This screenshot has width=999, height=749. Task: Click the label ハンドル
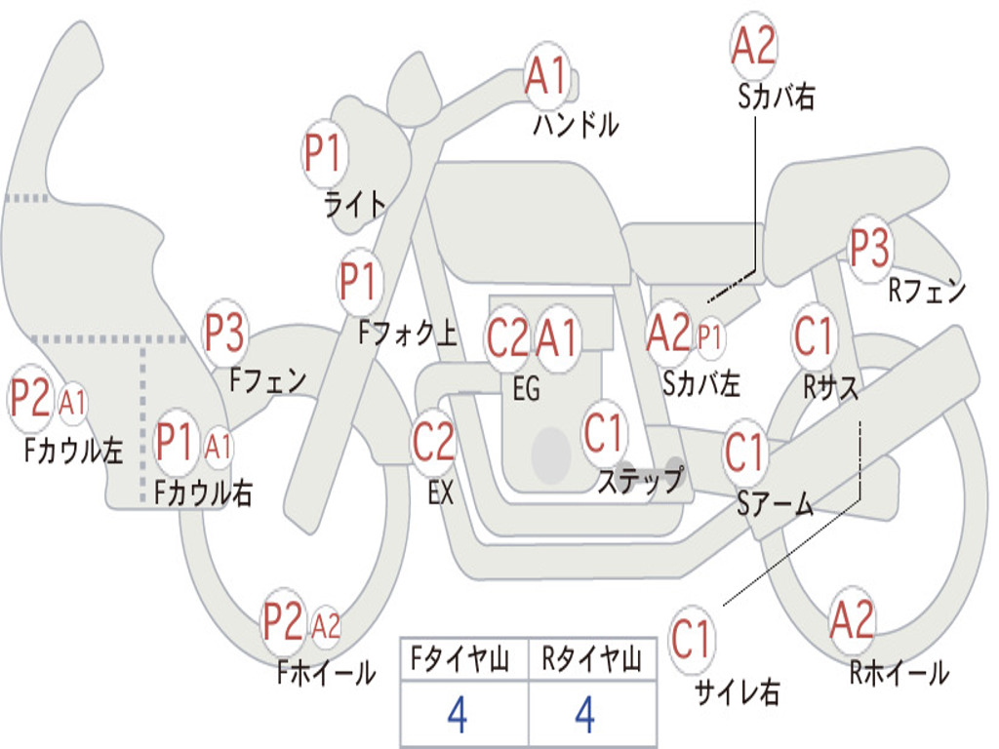576,124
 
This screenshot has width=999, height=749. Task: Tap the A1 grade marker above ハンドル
546,75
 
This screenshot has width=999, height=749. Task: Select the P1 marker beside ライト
324,153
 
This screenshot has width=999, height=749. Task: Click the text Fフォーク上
407,332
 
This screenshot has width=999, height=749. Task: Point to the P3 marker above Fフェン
225,334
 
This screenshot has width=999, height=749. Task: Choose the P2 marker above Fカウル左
30,398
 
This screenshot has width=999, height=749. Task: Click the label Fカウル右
204,493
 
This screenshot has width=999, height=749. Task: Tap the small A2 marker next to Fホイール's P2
326,626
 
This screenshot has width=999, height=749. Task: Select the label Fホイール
326,673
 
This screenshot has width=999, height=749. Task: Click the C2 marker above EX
434,442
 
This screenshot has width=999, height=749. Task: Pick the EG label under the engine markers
526,388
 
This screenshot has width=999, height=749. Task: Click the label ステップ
641,480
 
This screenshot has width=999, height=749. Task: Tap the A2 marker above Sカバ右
754,46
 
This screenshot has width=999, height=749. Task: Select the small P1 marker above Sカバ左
709,336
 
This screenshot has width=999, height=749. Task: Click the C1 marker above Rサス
813,335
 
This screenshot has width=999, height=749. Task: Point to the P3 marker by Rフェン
870,248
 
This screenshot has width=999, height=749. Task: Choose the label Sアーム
776,504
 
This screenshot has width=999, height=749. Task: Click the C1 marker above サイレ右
691,639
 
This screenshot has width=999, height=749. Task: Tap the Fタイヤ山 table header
460,659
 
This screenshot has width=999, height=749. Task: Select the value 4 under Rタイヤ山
585,714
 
